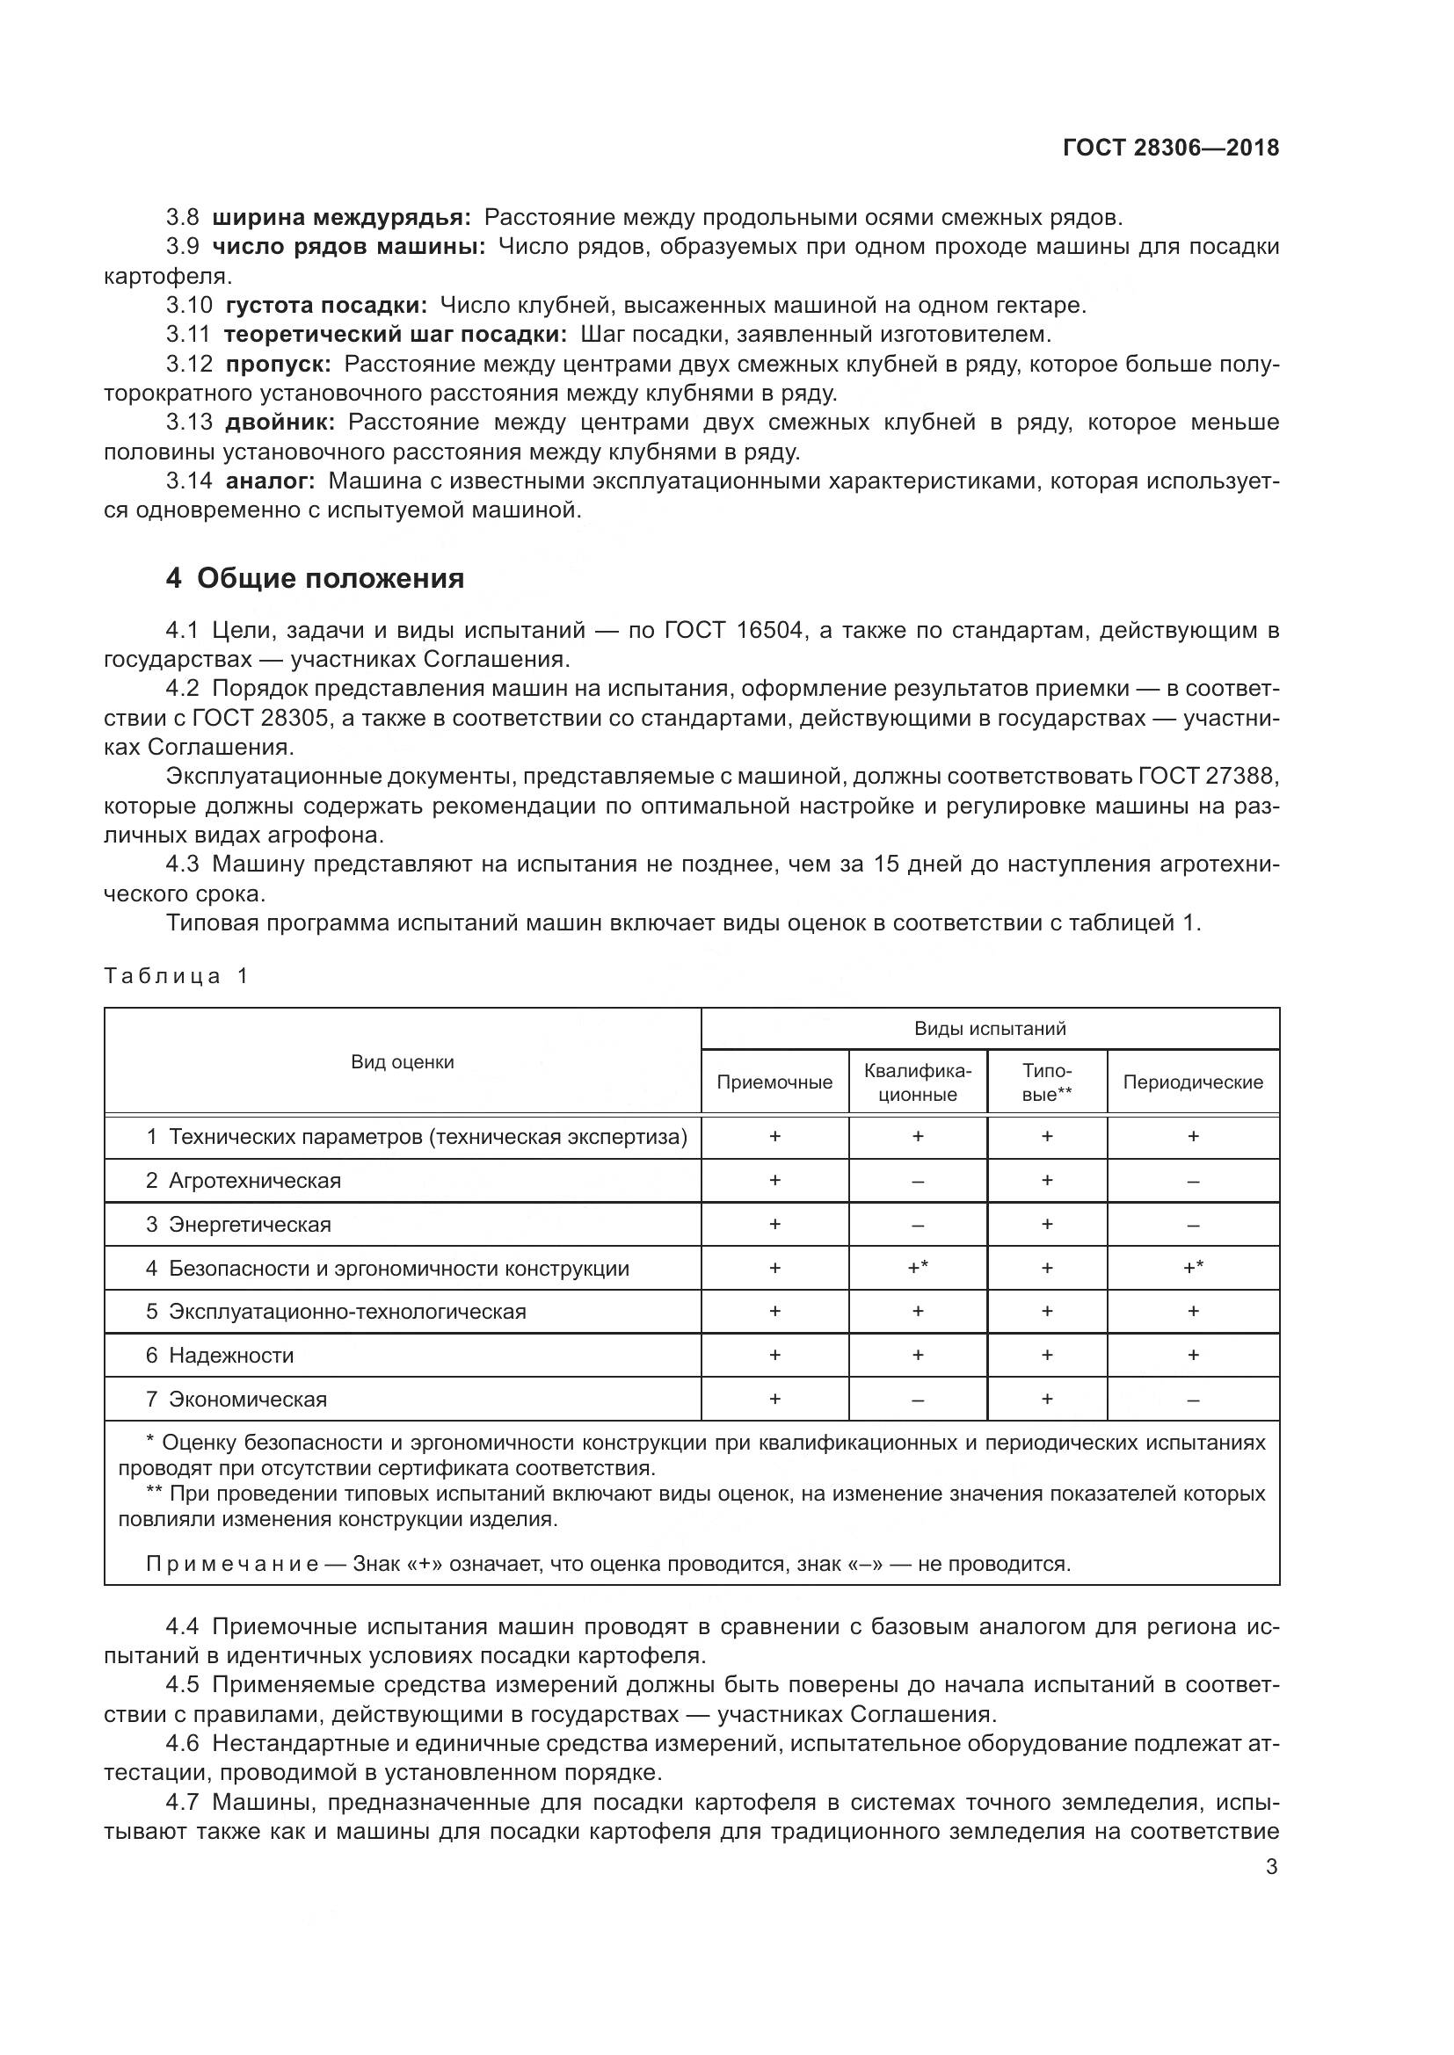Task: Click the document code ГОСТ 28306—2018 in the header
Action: (x=1170, y=148)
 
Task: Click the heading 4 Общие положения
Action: (x=316, y=579)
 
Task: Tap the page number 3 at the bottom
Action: (x=1271, y=1867)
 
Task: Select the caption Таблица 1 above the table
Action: (x=177, y=975)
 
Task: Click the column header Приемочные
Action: (x=774, y=1082)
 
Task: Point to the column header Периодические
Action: (x=1193, y=1082)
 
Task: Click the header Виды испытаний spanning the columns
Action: (x=989, y=1029)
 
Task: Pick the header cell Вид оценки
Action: (x=402, y=1062)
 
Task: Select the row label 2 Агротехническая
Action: (x=244, y=1181)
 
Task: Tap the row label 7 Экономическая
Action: (x=236, y=1399)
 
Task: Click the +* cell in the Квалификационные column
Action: (x=918, y=1268)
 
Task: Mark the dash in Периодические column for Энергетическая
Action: (x=1193, y=1226)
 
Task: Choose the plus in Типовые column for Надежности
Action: (x=1047, y=1355)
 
